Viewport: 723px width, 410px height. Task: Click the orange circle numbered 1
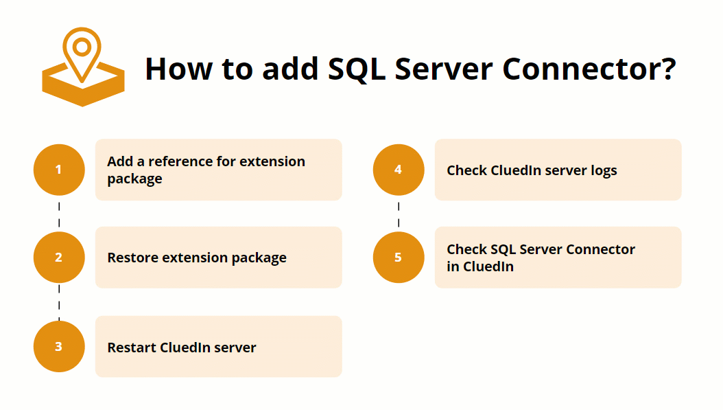pos(59,170)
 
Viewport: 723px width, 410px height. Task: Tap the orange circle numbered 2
pos(59,258)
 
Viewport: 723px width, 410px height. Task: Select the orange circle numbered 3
pos(59,346)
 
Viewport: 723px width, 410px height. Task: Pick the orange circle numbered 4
pos(399,170)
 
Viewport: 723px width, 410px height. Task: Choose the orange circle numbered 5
pos(399,258)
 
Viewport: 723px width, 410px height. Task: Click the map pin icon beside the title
pos(82,67)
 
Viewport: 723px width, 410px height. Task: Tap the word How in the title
pos(177,69)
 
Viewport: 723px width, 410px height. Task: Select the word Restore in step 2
pos(133,258)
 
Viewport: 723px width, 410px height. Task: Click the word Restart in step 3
pos(132,348)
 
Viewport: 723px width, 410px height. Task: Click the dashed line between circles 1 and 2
pos(59,214)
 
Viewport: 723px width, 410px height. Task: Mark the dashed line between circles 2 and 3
pos(59,302)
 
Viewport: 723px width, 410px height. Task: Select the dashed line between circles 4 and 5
pos(399,214)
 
